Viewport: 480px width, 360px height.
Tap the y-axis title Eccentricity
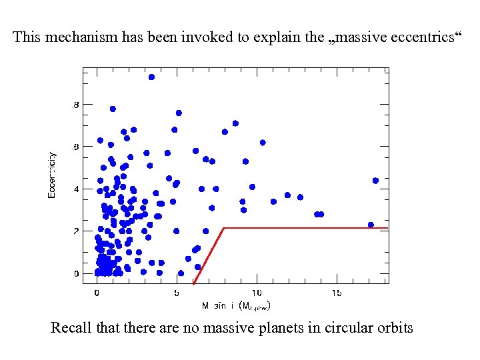[52, 175]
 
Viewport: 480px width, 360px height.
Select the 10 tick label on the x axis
[257, 293]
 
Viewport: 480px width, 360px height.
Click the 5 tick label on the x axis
[177, 293]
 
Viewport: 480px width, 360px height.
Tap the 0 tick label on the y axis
[75, 273]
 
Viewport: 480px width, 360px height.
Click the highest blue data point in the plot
[151, 77]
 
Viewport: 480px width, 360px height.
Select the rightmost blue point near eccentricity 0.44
[375, 181]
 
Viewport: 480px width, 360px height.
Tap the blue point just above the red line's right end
[371, 225]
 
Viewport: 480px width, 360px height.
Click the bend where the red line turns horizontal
[223, 228]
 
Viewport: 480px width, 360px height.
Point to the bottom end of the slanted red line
[193, 284]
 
